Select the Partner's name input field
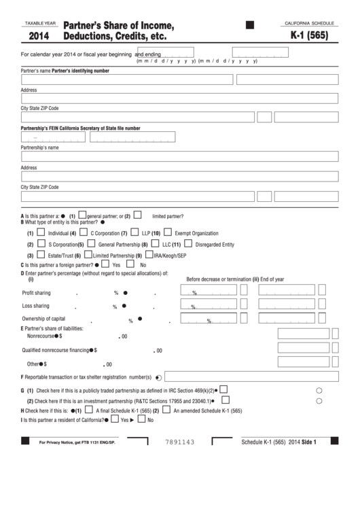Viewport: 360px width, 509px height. pyautogui.click(x=126, y=80)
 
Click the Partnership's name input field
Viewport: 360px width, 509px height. pyautogui.click(x=179, y=156)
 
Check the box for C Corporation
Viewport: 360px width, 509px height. pyautogui.click(x=84, y=232)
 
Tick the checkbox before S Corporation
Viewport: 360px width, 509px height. pyautogui.click(x=41, y=244)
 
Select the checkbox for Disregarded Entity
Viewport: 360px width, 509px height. pyautogui.click(x=187, y=244)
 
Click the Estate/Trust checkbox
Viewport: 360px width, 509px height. pyautogui.click(x=41, y=255)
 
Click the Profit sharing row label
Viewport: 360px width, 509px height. pyautogui.click(x=37, y=292)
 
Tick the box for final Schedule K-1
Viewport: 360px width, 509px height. pyautogui.click(x=88, y=410)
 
